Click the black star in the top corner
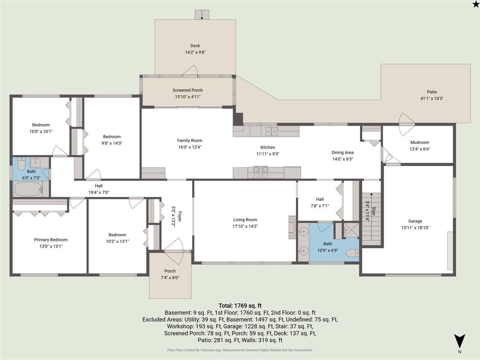click(476, 4)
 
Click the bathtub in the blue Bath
click(28, 189)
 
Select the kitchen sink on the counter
click(271, 132)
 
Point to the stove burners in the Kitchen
click(261, 172)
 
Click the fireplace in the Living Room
click(292, 227)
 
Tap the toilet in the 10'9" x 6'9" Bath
click(352, 253)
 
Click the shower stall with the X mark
click(351, 230)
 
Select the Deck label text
click(195, 46)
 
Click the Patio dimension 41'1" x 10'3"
click(432, 98)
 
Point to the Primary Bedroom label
click(51, 240)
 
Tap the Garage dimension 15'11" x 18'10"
click(415, 228)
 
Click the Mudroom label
click(420, 142)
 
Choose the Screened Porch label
click(187, 90)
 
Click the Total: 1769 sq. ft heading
click(240, 306)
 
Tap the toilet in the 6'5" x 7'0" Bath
click(21, 163)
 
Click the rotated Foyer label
click(180, 216)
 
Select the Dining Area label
click(342, 152)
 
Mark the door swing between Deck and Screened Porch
click(190, 70)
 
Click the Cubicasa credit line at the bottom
click(240, 350)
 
